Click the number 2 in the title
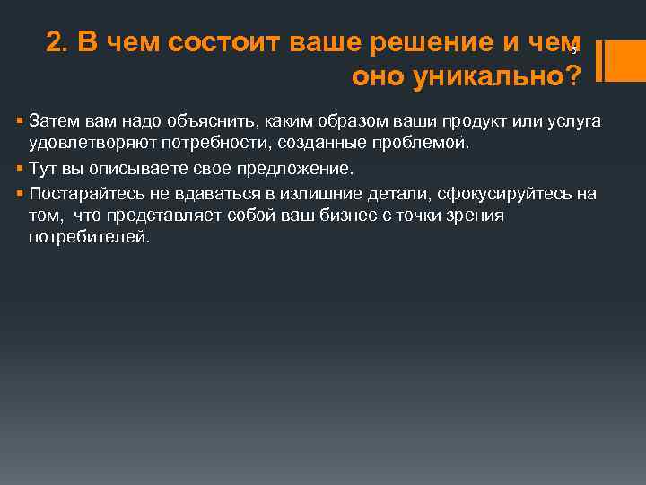click(x=54, y=43)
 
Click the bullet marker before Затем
click(x=20, y=121)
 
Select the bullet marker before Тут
click(x=20, y=168)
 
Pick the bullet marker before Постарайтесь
click(x=20, y=193)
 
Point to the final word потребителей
click(x=89, y=238)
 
